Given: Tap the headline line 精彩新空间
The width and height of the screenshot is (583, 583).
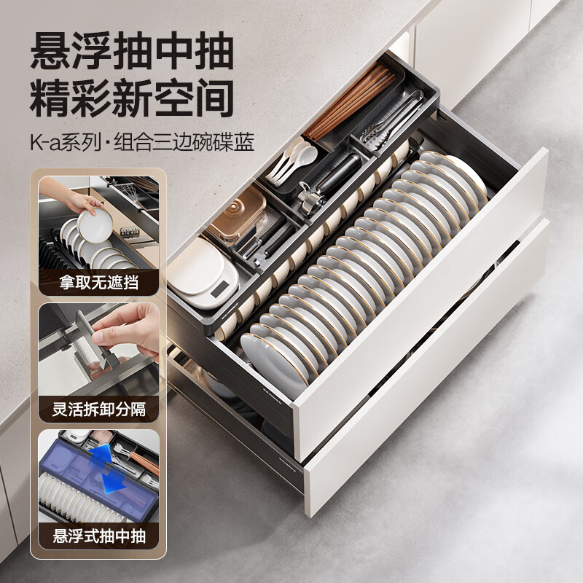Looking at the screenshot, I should pyautogui.click(x=131, y=98).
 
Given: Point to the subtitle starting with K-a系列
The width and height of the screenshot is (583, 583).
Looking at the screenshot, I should pyautogui.click(x=142, y=143).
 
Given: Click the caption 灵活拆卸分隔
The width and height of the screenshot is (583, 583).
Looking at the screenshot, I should pyautogui.click(x=98, y=409).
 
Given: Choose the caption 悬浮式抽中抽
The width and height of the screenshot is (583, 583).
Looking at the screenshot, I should pyautogui.click(x=98, y=537).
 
